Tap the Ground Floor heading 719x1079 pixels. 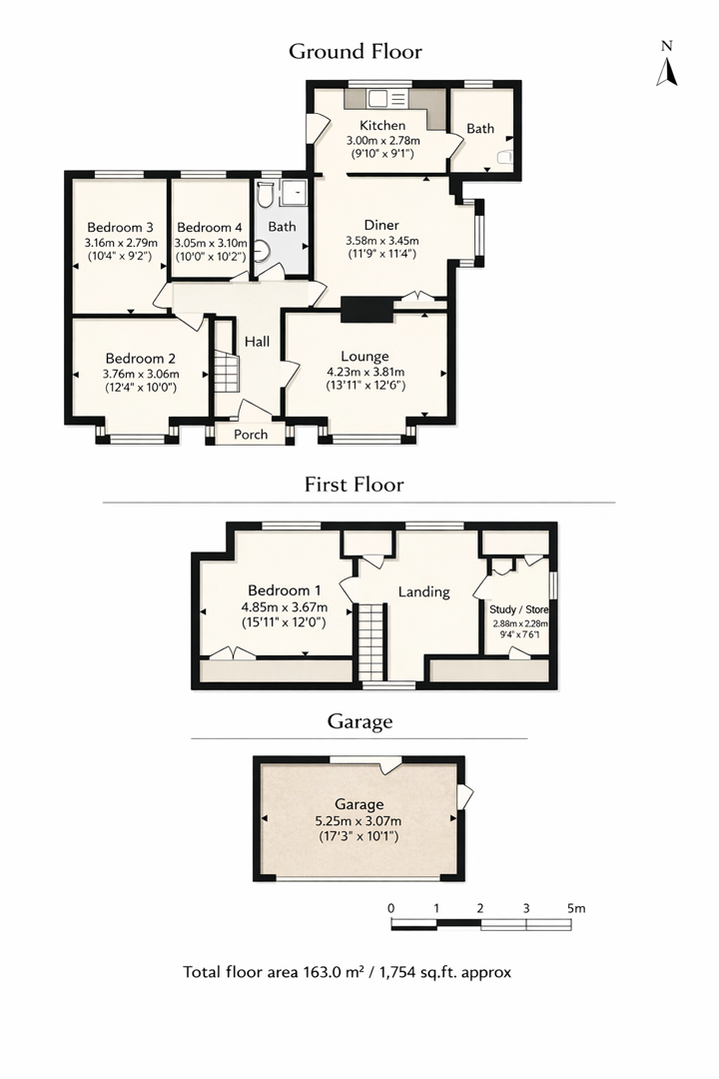(356, 51)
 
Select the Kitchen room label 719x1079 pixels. (382, 126)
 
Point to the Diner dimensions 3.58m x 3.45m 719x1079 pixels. (382, 241)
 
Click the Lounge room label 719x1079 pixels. (364, 356)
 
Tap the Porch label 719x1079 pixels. (251, 435)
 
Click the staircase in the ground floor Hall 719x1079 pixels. (225, 375)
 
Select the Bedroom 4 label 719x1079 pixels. (210, 226)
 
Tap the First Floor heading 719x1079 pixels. (355, 486)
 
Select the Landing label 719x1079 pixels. (423, 591)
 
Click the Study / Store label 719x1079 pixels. (518, 608)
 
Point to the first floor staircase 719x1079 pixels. (371, 641)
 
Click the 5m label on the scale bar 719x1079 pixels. (575, 908)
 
